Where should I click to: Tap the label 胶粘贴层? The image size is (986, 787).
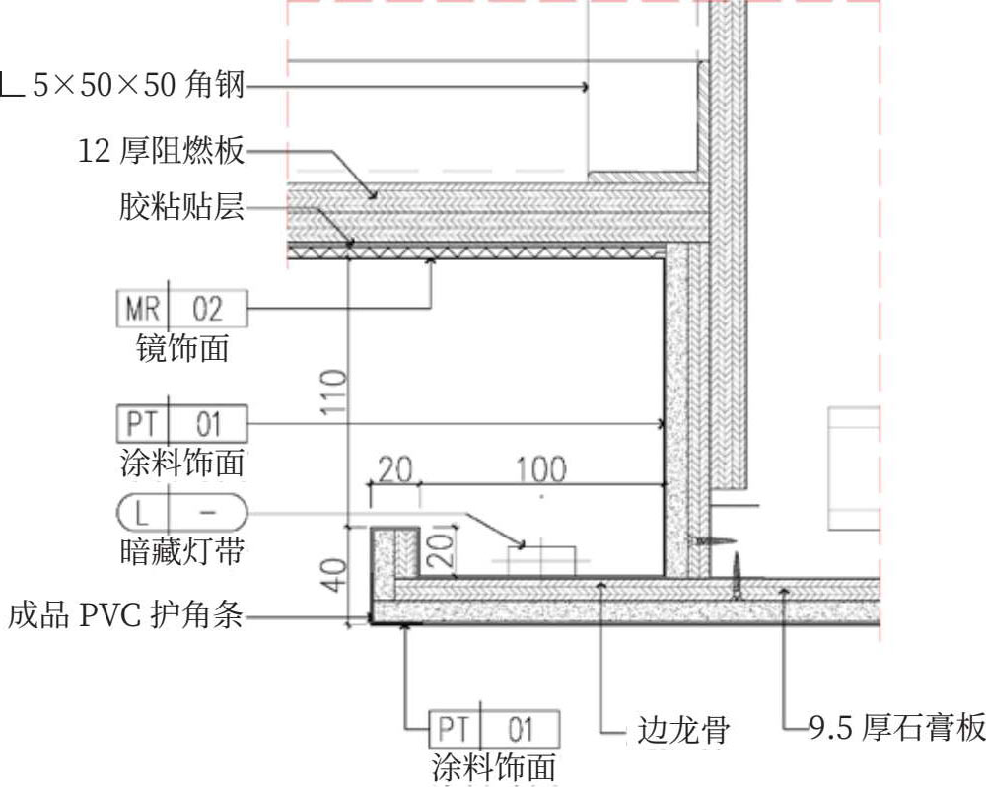tap(180, 208)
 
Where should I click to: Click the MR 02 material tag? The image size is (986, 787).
tap(182, 310)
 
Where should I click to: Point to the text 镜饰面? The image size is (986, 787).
tap(182, 348)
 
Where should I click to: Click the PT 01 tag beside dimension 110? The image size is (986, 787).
tap(182, 425)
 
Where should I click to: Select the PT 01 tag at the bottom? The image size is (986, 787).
tap(494, 730)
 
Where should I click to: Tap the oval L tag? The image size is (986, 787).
tap(182, 515)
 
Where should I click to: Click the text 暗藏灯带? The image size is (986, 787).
tap(182, 552)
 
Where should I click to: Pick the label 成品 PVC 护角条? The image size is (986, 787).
tap(125, 617)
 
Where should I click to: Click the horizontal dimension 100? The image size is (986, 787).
tap(541, 468)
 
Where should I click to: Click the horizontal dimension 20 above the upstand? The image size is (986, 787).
tap(394, 469)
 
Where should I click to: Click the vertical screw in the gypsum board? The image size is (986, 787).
tap(736, 576)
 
